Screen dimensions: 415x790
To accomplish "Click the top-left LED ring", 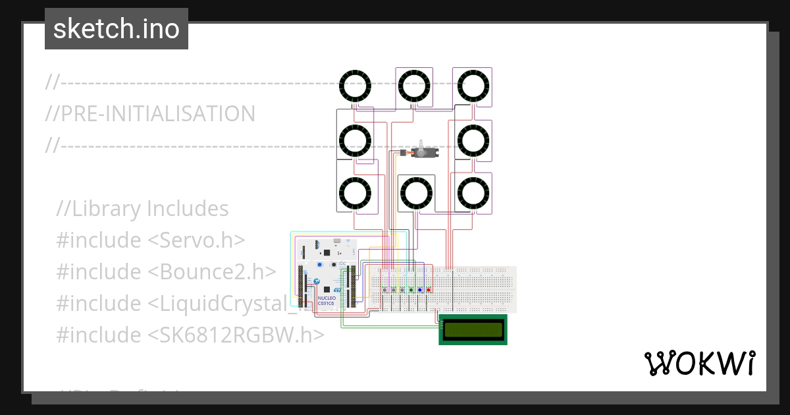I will tap(356, 85).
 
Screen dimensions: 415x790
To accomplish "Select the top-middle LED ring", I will tap(413, 85).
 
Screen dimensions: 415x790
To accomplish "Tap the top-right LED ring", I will tap(474, 85).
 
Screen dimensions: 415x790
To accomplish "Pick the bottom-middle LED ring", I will tap(417, 194).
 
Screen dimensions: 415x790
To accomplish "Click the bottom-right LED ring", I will tap(474, 194).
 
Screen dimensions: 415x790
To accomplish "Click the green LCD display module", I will tap(473, 329).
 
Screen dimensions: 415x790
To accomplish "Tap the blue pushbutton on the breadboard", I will tap(420, 290).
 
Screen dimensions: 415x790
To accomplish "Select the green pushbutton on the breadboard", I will tap(411, 290).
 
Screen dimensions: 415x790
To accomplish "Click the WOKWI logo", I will tap(699, 363).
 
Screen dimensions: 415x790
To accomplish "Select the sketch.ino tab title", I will tap(117, 29).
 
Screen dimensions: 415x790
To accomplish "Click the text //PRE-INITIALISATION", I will tap(150, 114).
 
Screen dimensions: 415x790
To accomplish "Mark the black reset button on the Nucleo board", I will tap(334, 265).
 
